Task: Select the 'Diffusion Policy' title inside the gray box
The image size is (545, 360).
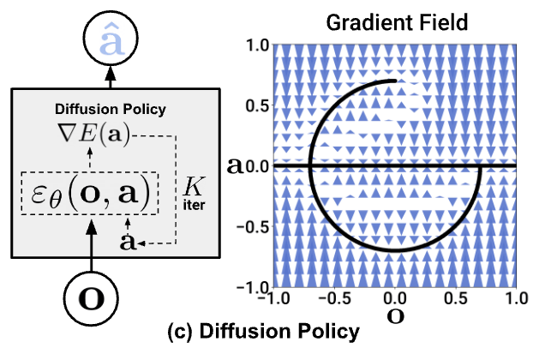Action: (x=111, y=109)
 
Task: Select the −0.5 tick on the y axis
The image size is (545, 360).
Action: (x=251, y=226)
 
